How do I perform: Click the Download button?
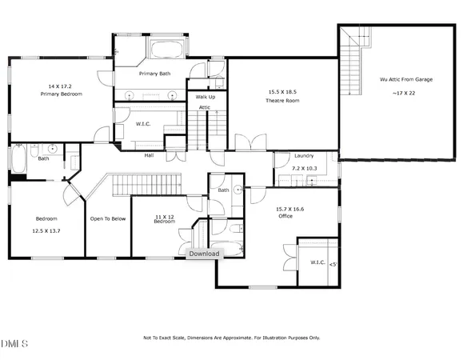point(203,254)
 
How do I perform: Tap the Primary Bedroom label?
point(61,94)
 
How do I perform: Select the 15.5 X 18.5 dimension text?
point(281,93)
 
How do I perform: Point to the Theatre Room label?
point(281,101)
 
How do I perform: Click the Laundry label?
point(304,155)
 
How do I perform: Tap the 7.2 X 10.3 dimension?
point(304,169)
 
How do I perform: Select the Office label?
point(267,216)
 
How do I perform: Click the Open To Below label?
point(107,218)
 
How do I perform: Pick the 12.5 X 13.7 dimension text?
point(46,230)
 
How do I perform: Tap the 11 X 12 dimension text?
point(164,216)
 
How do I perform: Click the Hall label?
point(149,155)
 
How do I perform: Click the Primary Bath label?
point(154,74)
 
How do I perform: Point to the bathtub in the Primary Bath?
point(166,46)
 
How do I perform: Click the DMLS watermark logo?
point(14,344)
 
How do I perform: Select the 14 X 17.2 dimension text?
point(61,86)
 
